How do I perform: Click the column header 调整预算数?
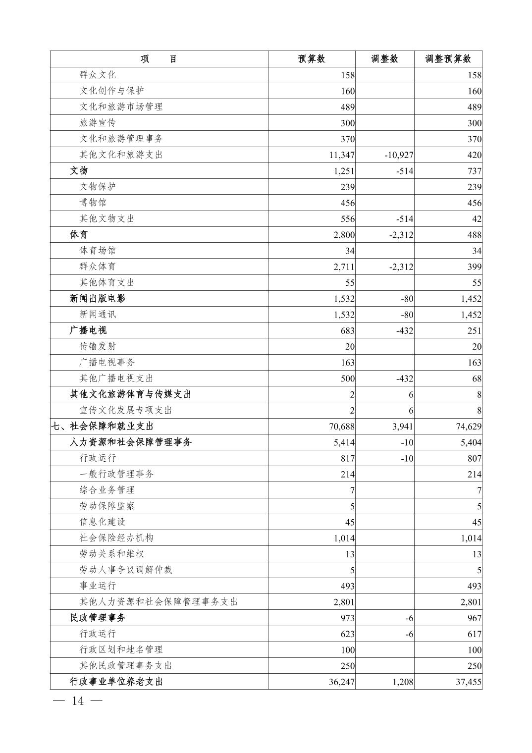pyautogui.click(x=448, y=59)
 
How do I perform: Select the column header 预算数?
pyautogui.click(x=312, y=59)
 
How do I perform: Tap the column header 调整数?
pyautogui.click(x=384, y=59)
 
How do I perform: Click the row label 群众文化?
pyautogui.click(x=98, y=75)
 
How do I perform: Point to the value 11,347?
pyautogui.click(x=342, y=155)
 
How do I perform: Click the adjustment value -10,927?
pyautogui.click(x=399, y=155)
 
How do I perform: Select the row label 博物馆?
pyautogui.click(x=93, y=203)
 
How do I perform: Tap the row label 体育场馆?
pyautogui.click(x=98, y=251)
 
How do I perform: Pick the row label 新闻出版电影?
pyautogui.click(x=98, y=298)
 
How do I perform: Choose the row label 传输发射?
pyautogui.click(x=98, y=346)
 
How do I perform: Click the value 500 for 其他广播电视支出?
pyautogui.click(x=347, y=378)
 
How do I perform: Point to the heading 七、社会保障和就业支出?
pyautogui.click(x=103, y=426)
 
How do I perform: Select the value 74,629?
pyautogui.click(x=469, y=427)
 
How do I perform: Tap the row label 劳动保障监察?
pyautogui.click(x=107, y=506)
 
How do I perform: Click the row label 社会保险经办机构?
pyautogui.click(x=116, y=538)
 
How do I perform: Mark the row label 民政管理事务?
pyautogui.click(x=98, y=618)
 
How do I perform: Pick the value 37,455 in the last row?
pyautogui.click(x=469, y=682)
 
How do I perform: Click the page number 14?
pyautogui.click(x=78, y=701)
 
